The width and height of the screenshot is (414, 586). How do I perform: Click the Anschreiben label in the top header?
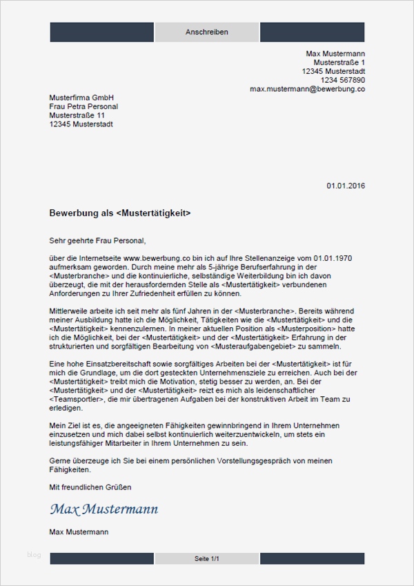tap(206, 32)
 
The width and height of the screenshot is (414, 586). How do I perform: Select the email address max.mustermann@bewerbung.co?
tap(307, 89)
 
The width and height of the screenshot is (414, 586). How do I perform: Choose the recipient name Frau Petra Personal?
tap(83, 107)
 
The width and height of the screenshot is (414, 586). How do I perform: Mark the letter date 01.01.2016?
tap(346, 186)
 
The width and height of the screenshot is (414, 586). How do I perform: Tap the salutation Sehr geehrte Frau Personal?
tap(98, 241)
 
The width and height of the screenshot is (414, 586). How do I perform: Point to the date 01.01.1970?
tap(329, 257)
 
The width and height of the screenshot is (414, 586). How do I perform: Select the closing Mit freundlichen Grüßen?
tap(90, 487)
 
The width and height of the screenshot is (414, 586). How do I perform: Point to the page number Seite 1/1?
tap(206, 558)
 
